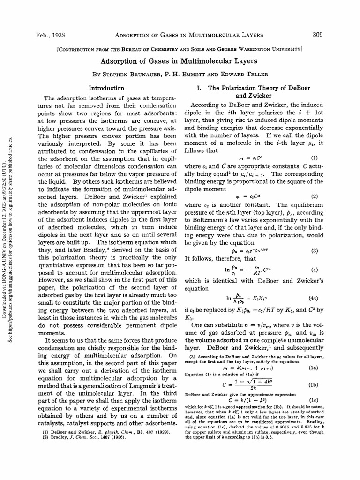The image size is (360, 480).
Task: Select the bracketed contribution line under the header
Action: click(x=180, y=48)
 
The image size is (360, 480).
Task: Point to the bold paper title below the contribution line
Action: click(x=180, y=61)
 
